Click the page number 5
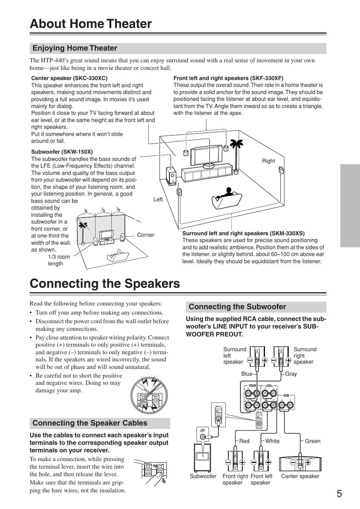(339, 494)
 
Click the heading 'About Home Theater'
(91, 23)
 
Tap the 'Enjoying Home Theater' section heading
(75, 48)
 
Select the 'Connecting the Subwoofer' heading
(237, 307)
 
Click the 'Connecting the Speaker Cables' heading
(90, 423)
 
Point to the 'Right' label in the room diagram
(268, 161)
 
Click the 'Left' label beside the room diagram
(158, 199)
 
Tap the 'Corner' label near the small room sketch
(145, 235)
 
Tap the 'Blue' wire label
(247, 374)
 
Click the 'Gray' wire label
(291, 374)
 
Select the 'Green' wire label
(312, 441)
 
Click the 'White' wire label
(272, 441)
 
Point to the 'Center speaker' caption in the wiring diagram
(300, 476)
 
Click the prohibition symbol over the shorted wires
(149, 395)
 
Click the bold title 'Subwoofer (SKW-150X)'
(62, 152)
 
